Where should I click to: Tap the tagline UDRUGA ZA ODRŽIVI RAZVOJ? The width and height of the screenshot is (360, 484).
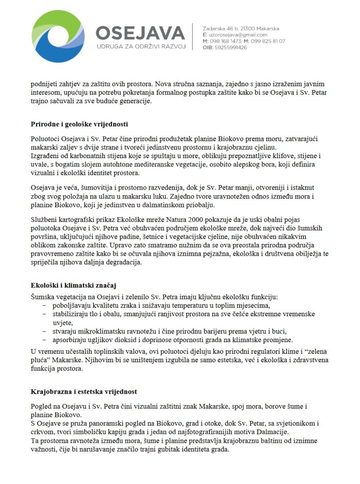(x=141, y=46)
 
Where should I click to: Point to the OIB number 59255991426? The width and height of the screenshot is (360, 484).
(x=231, y=48)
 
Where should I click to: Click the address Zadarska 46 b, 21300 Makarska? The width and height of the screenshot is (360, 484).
(x=241, y=29)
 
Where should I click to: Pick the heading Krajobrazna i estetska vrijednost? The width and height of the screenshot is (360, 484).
(x=84, y=392)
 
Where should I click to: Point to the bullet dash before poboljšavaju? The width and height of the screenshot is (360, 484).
(x=44, y=306)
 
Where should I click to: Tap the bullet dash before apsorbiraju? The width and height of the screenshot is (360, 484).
(x=44, y=340)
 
